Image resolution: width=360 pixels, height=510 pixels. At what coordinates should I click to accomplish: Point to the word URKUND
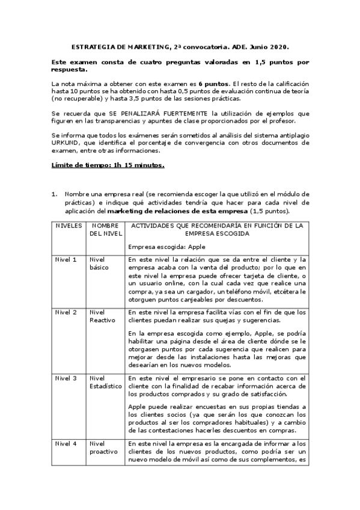coord(66,143)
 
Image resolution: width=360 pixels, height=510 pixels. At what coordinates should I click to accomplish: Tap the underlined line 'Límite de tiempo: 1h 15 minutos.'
coord(108,165)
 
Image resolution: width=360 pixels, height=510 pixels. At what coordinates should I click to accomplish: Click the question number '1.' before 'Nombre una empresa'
coord(54,194)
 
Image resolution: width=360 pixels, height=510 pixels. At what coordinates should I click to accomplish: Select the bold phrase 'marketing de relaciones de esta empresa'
coord(177,211)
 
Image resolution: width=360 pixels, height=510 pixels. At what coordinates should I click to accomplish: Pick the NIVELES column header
coord(69,226)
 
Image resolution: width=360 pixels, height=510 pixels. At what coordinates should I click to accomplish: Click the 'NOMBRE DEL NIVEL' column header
coord(105,229)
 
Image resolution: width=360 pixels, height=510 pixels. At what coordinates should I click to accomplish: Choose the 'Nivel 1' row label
coord(66,260)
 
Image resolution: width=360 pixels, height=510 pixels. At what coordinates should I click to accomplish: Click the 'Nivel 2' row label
coord(66,313)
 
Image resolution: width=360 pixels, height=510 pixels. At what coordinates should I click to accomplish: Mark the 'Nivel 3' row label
coord(66,378)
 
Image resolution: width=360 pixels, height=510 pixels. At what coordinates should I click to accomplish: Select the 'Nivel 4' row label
coord(66,444)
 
